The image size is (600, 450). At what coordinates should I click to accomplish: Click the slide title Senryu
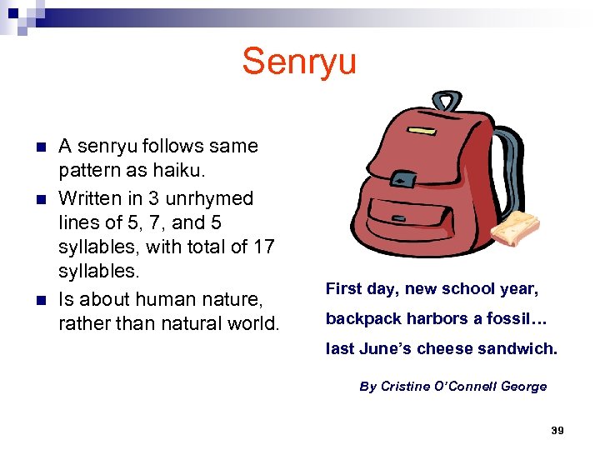299,62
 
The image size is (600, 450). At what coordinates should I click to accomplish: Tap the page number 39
557,430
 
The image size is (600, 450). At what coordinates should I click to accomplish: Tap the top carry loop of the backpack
446,101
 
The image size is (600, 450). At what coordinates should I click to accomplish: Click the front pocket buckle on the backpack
404,180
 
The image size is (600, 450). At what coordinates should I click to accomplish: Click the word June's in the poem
385,349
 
